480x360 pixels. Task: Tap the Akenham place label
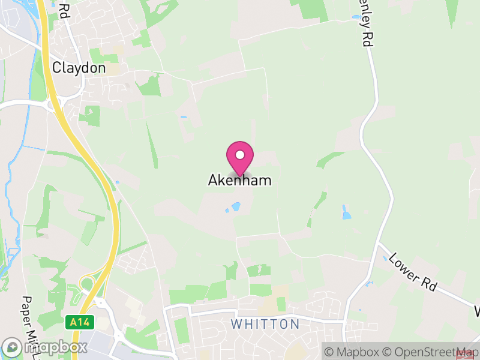click(x=240, y=180)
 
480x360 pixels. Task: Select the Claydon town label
click(x=79, y=68)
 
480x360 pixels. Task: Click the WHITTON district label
click(x=265, y=324)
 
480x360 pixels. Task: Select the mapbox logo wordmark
click(x=55, y=347)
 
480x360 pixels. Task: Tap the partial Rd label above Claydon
click(x=64, y=8)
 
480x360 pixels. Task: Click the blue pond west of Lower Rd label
click(x=346, y=212)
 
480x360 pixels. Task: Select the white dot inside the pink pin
click(x=240, y=155)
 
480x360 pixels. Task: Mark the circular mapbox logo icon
click(x=13, y=347)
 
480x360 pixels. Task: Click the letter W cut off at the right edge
click(x=476, y=312)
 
